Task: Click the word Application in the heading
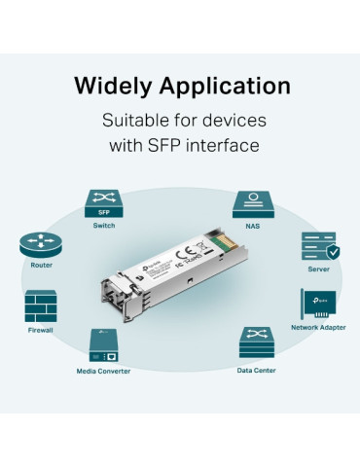(x=232, y=86)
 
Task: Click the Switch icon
(x=103, y=202)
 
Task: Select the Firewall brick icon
(x=41, y=306)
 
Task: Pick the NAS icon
(x=252, y=203)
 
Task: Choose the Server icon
(x=319, y=245)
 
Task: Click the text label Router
(x=41, y=265)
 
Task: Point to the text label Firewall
(x=41, y=331)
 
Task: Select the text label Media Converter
(x=103, y=371)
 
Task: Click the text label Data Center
(x=256, y=371)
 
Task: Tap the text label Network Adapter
(x=318, y=328)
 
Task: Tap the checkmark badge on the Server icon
(x=333, y=252)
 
